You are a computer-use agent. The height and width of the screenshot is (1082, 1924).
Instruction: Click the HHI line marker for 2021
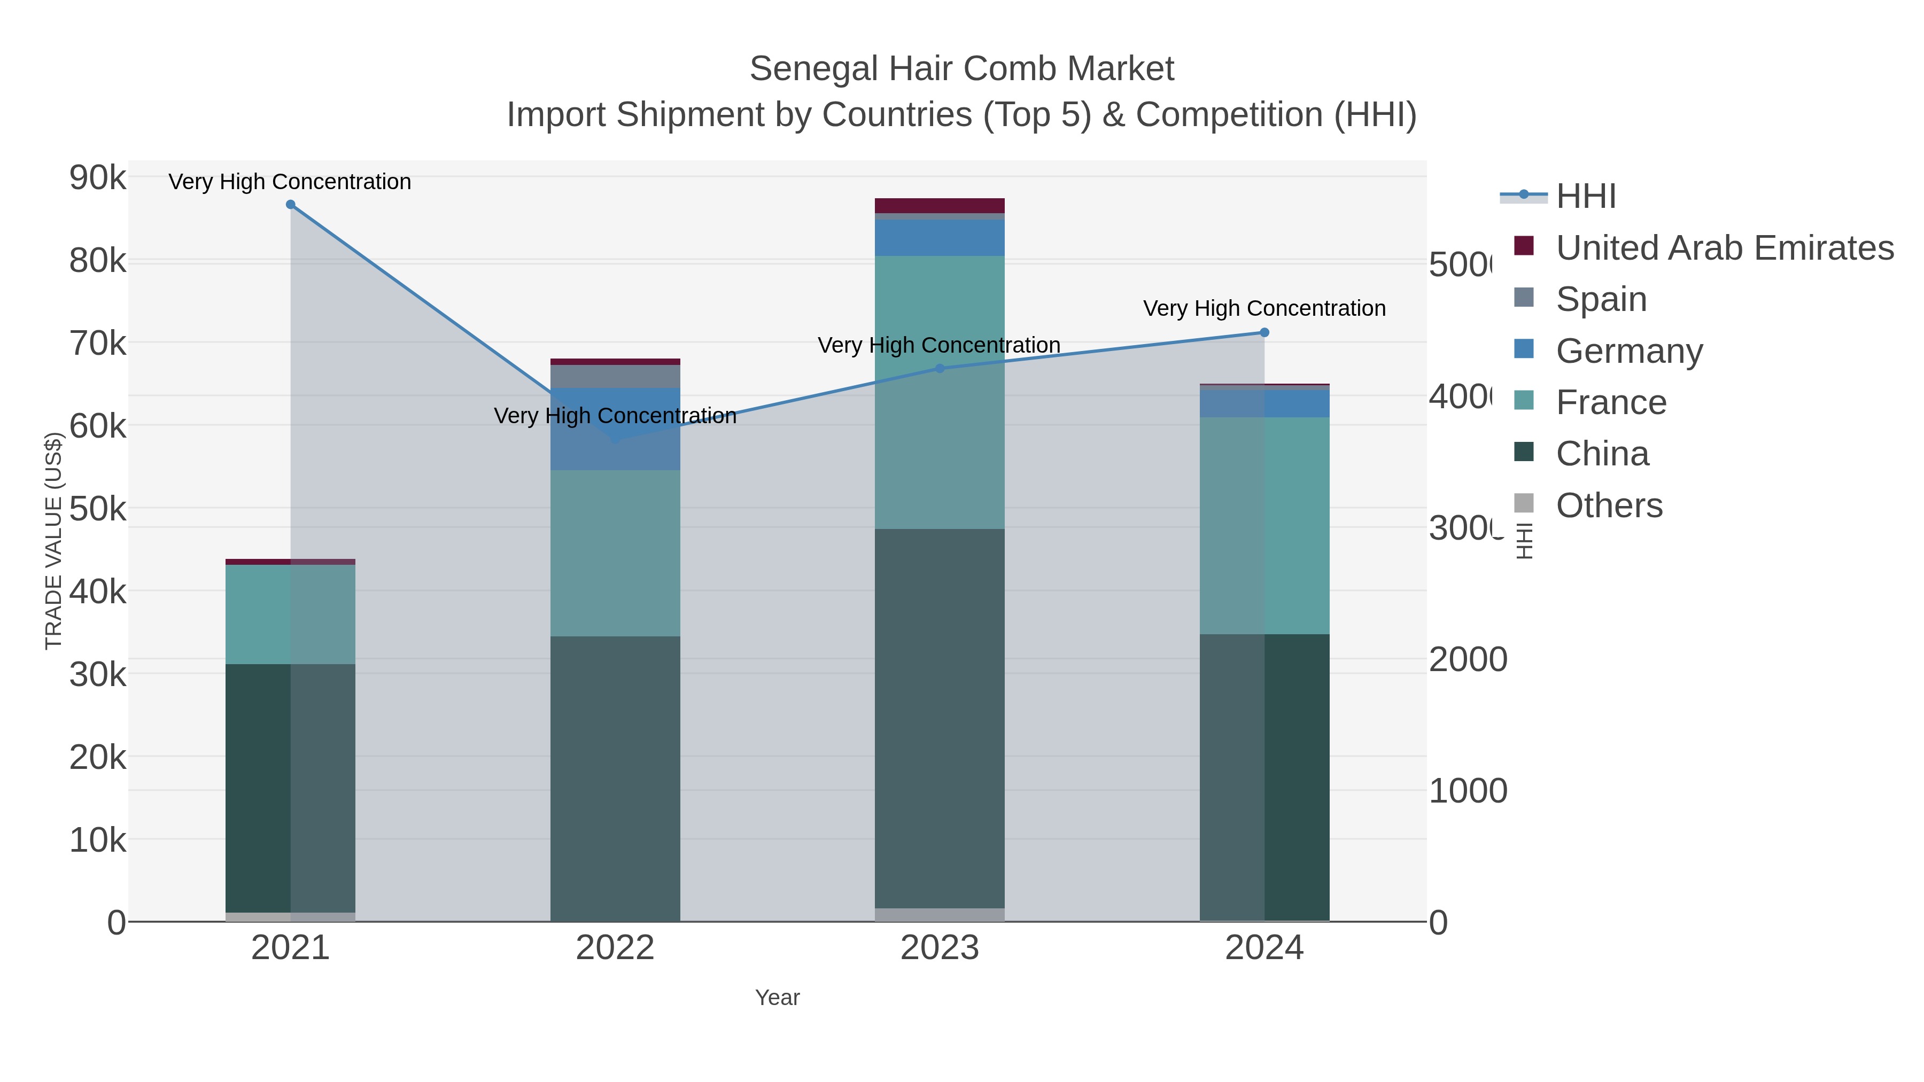coord(291,205)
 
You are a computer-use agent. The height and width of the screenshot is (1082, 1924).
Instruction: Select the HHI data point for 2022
coord(616,439)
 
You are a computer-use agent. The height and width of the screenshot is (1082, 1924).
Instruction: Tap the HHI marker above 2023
coord(940,368)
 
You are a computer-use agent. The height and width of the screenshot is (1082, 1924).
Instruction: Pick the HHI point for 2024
coord(1264,332)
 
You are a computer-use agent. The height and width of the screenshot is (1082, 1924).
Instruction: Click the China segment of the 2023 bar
coord(940,717)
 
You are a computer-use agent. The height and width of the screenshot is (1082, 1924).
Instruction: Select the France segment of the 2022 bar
coord(616,552)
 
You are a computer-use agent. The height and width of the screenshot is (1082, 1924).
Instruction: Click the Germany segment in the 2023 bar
coord(940,237)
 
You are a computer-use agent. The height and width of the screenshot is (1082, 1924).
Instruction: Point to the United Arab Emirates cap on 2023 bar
coord(940,205)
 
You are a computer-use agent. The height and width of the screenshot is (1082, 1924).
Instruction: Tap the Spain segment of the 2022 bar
coord(616,376)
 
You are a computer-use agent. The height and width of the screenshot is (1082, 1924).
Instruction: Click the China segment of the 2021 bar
coord(291,788)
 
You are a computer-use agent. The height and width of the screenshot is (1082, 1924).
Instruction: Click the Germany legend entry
coord(1628,351)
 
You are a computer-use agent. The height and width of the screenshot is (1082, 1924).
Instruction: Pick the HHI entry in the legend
coord(1585,197)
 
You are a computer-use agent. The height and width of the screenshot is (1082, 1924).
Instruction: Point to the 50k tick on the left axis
coord(98,510)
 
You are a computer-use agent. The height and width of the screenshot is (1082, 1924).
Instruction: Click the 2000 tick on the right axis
coord(1468,660)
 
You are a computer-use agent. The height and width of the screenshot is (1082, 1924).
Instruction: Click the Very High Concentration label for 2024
coord(1264,308)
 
